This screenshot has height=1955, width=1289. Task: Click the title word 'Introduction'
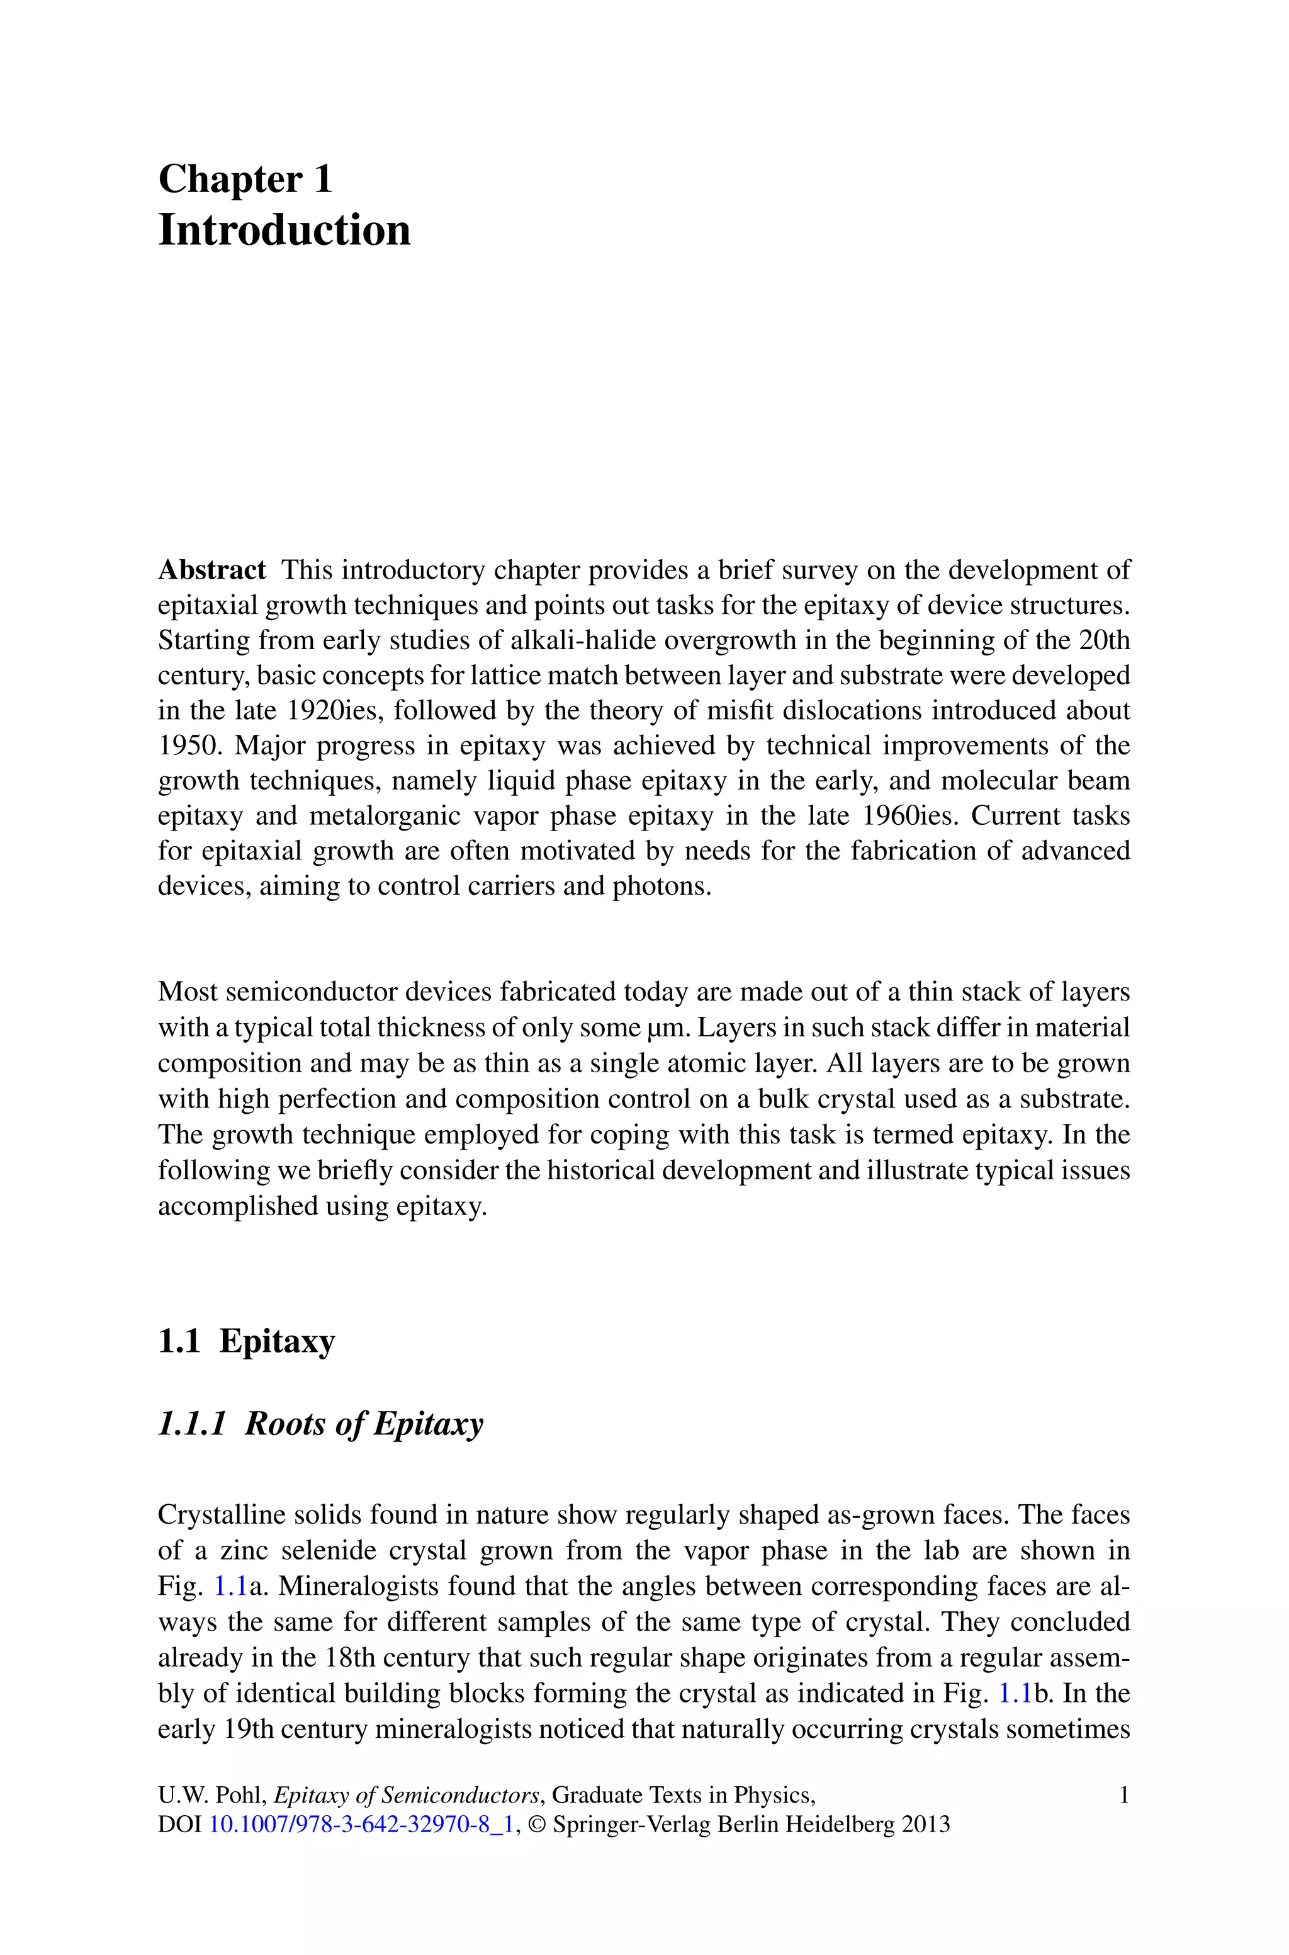click(x=284, y=230)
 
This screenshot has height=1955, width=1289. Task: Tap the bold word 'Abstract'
click(x=211, y=570)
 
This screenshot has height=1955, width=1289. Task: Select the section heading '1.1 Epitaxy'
click(x=246, y=1341)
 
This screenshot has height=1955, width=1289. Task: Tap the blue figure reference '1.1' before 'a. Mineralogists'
click(x=230, y=1586)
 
